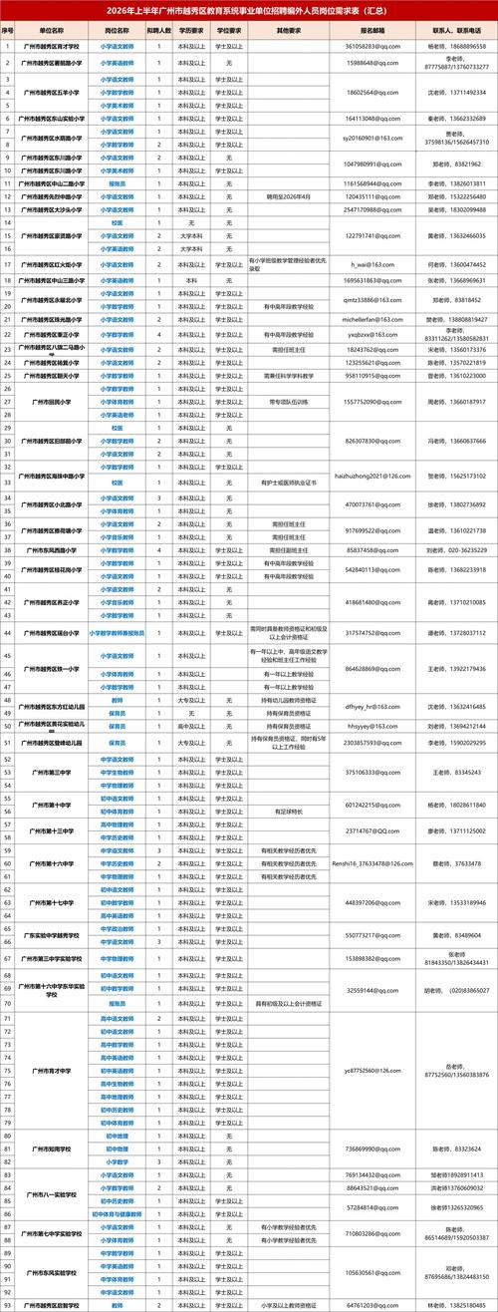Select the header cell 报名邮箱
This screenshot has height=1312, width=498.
[x=372, y=32]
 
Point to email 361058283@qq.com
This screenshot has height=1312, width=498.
[x=372, y=47]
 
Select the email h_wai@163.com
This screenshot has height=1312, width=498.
[x=372, y=264]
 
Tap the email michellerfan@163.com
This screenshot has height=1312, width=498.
[x=372, y=319]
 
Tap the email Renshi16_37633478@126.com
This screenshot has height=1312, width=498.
[x=372, y=863]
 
